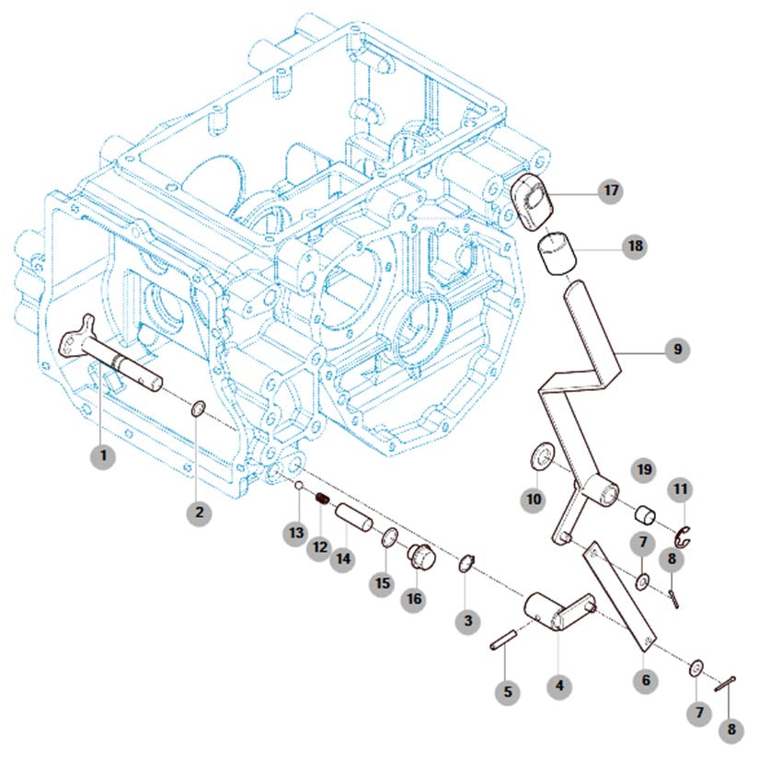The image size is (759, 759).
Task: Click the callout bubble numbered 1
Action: click(x=103, y=454)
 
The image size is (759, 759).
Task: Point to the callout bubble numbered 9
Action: click(x=677, y=350)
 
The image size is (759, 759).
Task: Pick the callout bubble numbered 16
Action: click(x=414, y=598)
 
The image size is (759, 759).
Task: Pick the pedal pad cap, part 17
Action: click(x=531, y=201)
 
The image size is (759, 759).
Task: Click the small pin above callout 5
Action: click(x=504, y=640)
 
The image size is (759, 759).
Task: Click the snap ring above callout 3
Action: click(x=467, y=563)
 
